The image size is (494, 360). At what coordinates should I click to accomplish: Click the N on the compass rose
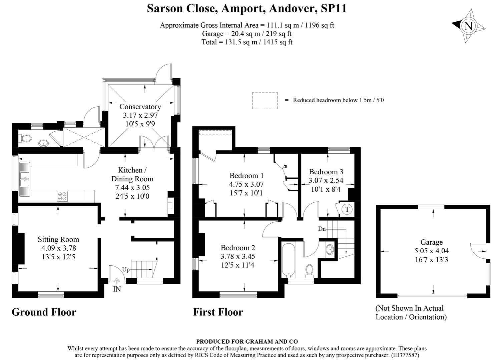[x=468, y=26]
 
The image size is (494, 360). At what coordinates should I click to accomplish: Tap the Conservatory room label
[x=140, y=107]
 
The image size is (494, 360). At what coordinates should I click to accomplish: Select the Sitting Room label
[x=58, y=240]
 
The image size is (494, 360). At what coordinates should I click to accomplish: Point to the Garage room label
[x=432, y=242]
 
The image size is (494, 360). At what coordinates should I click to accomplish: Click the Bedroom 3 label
[x=326, y=172]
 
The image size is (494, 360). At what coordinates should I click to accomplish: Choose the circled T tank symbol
[x=347, y=209]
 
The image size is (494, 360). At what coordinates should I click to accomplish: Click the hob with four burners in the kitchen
[x=62, y=196]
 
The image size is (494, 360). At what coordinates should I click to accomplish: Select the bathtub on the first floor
[x=289, y=260]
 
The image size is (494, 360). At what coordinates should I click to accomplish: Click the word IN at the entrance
[x=117, y=289]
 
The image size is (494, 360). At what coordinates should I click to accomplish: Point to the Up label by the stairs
[x=126, y=270]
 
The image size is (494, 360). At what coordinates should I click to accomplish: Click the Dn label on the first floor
[x=322, y=229]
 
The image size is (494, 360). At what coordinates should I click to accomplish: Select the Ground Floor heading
[x=44, y=312]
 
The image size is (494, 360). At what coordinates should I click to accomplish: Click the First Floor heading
[x=218, y=312]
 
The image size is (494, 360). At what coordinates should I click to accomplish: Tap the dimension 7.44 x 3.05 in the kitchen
[x=132, y=188]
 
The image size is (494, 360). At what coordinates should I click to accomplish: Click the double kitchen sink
[x=25, y=179]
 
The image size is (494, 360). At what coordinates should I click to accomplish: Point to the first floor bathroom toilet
[x=310, y=271]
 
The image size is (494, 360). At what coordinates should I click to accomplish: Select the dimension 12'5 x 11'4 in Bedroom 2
[x=237, y=265]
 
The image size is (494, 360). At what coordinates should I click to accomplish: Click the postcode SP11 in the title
[x=334, y=8]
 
